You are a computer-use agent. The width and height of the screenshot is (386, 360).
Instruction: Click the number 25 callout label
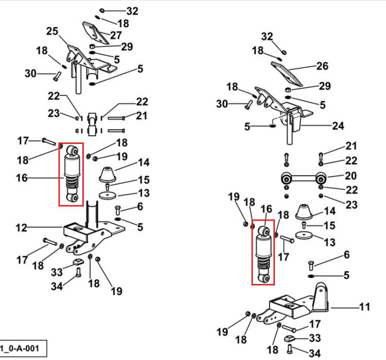click(x=52, y=31)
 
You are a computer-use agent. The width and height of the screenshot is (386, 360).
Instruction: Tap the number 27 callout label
click(x=116, y=35)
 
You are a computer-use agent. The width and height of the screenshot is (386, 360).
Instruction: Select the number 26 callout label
click(x=322, y=66)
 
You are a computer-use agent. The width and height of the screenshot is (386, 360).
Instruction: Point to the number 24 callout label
click(x=338, y=125)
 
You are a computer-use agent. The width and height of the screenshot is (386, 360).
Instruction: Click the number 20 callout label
click(x=351, y=176)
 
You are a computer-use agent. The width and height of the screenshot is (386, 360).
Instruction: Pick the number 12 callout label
click(x=22, y=228)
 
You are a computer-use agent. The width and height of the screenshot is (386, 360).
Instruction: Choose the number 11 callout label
click(x=364, y=307)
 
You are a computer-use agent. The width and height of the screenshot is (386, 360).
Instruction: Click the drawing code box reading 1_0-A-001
click(x=23, y=349)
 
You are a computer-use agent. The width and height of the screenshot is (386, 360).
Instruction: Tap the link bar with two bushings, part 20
click(x=304, y=178)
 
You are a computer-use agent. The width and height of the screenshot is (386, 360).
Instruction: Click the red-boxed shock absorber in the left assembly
click(x=71, y=174)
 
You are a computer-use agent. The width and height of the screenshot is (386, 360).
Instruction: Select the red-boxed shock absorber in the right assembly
click(x=264, y=254)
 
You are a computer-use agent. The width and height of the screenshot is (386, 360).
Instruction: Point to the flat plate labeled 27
click(x=96, y=33)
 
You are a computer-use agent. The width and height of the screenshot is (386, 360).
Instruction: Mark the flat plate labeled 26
click(x=287, y=74)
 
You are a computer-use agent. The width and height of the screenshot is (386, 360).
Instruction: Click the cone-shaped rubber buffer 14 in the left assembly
click(x=108, y=175)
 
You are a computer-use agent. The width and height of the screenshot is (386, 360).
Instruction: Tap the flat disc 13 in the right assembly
click(x=304, y=235)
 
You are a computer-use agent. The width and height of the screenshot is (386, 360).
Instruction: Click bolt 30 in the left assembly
click(x=57, y=76)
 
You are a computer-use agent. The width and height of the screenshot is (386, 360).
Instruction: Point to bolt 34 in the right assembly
click(x=290, y=349)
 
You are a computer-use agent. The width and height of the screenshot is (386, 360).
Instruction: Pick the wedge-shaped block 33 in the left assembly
click(x=78, y=262)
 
